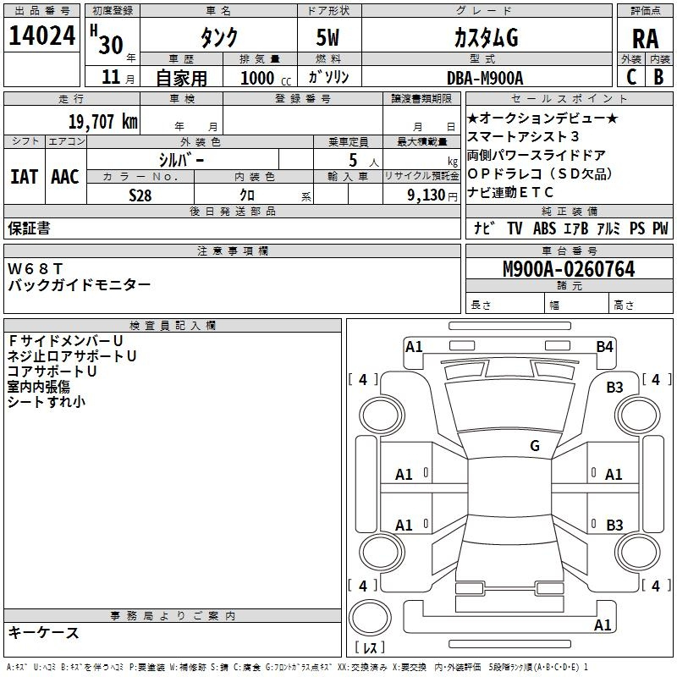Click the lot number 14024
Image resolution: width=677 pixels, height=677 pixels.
pyautogui.click(x=41, y=36)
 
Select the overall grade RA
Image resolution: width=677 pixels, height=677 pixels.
pyautogui.click(x=645, y=39)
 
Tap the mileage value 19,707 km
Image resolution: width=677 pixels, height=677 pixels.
pyautogui.click(x=102, y=122)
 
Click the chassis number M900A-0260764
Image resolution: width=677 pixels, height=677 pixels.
pyautogui.click(x=569, y=269)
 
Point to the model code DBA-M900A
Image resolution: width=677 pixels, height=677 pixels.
pyautogui.click(x=485, y=78)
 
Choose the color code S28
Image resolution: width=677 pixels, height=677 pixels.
pyautogui.click(x=140, y=195)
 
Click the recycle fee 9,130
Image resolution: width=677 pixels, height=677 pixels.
pyautogui.click(x=426, y=195)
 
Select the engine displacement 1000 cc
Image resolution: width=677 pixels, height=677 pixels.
pyautogui.click(x=266, y=78)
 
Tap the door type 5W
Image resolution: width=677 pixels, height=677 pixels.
pyautogui.click(x=327, y=37)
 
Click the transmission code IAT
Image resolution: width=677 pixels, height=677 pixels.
pyautogui.click(x=24, y=177)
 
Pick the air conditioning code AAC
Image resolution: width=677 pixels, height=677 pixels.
pyautogui.click(x=65, y=177)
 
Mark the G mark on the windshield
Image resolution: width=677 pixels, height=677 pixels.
pyautogui.click(x=535, y=445)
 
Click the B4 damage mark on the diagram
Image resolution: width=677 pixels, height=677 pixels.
pyautogui.click(x=604, y=347)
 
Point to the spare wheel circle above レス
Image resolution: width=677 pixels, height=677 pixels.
pyautogui.click(x=370, y=618)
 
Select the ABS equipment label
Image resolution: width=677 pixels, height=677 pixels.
pyautogui.click(x=544, y=228)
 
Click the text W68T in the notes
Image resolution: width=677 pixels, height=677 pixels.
pyautogui.click(x=36, y=268)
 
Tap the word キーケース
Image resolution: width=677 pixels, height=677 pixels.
pyautogui.click(x=44, y=632)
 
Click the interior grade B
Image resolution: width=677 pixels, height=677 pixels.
pyautogui.click(x=659, y=77)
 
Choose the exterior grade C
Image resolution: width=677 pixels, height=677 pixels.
pyautogui.click(x=631, y=77)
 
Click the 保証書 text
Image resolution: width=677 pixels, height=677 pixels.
pyautogui.click(x=29, y=228)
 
